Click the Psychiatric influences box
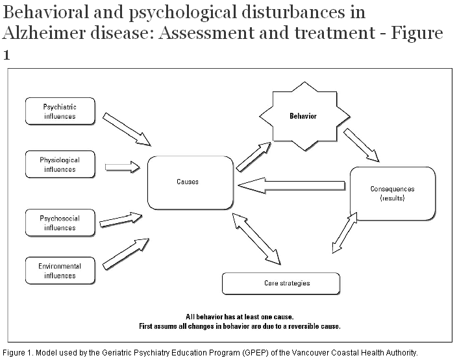pyautogui.click(x=59, y=112)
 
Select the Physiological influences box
pyautogui.click(x=59, y=165)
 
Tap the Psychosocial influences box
pyautogui.click(x=59, y=223)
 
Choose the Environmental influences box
pyautogui.click(x=59, y=271)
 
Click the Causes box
pyautogui.click(x=188, y=182)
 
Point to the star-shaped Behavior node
pyautogui.click(x=303, y=117)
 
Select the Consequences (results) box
pyautogui.click(x=391, y=193)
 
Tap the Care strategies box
pyautogui.click(x=280, y=283)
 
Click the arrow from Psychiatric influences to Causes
pyautogui.click(x=127, y=128)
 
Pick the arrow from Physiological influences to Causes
pyautogui.click(x=121, y=167)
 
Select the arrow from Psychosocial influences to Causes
pyautogui.click(x=121, y=219)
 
